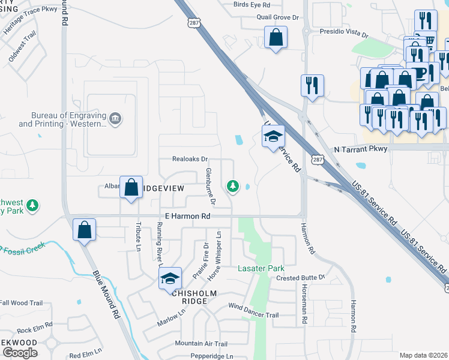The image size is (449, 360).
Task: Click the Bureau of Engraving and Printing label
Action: point(62,119)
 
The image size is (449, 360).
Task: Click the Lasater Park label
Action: point(261,268)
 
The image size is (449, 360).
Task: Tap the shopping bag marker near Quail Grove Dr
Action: point(276,38)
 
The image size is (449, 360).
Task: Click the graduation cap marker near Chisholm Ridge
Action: point(170,277)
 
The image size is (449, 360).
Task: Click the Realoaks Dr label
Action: point(190,160)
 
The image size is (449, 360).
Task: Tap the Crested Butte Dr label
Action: point(300,277)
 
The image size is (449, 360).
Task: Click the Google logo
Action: point(20,353)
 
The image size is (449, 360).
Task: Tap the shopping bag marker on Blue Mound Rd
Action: point(84,229)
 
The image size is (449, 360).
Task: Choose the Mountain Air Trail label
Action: point(201,344)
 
